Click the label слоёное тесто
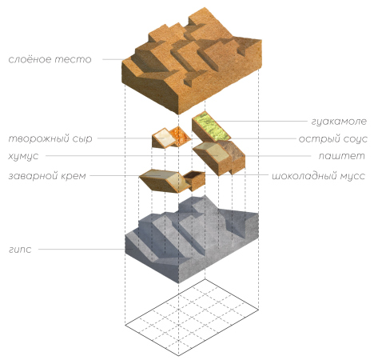pyautogui.click(x=50, y=59)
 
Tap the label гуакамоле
pyautogui.click(x=339, y=122)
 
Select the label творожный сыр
pyautogui.click(x=50, y=138)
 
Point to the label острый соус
pyautogui.click(x=332, y=138)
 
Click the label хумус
pyautogui.click(x=23, y=156)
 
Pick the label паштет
pyautogui.click(x=341, y=156)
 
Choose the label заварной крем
pyautogui.click(x=47, y=176)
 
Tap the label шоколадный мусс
pyautogui.click(x=318, y=176)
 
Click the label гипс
pyautogui.click(x=20, y=250)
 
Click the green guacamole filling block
pyautogui.click(x=211, y=126)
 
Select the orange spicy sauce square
pyautogui.click(x=181, y=137)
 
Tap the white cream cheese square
pyautogui.click(x=163, y=138)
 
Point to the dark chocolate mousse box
pyautogui.click(x=195, y=179)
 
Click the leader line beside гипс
pyautogui.click(x=82, y=250)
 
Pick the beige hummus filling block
pyautogui.click(x=213, y=158)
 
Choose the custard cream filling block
pyautogui.click(x=163, y=180)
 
